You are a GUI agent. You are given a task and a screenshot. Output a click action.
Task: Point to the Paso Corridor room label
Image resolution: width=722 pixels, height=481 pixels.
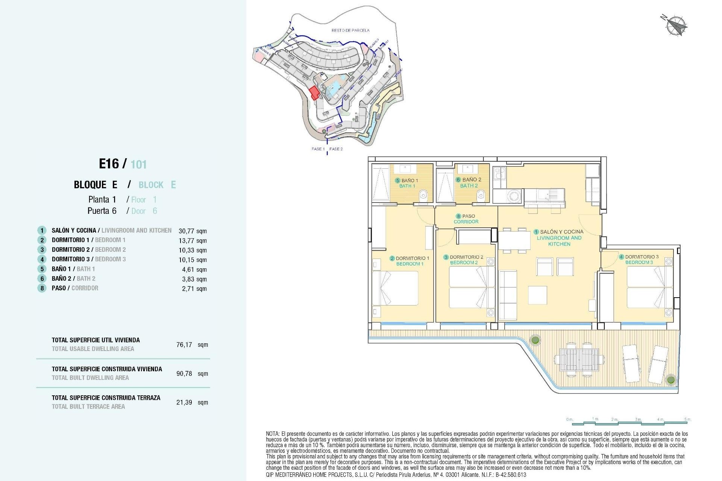[466, 219]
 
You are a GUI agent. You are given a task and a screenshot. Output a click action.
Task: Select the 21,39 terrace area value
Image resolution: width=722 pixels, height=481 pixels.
[184, 402]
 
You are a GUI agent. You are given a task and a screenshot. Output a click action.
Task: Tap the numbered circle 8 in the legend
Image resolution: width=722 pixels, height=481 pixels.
[42, 288]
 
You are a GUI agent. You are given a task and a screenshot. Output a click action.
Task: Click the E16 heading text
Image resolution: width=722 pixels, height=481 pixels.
[109, 164]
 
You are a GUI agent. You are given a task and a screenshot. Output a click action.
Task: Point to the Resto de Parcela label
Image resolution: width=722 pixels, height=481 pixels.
[350, 30]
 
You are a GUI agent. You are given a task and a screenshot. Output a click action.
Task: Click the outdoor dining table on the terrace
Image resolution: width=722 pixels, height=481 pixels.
[579, 360]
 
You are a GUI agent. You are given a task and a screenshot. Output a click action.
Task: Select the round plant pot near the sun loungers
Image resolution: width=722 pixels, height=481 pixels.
[670, 380]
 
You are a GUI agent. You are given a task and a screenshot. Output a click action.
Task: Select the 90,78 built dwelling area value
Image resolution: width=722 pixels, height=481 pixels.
[184, 374]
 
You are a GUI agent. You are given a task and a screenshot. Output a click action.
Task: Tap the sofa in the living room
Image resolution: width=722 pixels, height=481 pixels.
[507, 295]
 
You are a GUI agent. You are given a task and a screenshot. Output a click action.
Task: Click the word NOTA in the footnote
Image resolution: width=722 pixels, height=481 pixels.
[273, 434]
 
